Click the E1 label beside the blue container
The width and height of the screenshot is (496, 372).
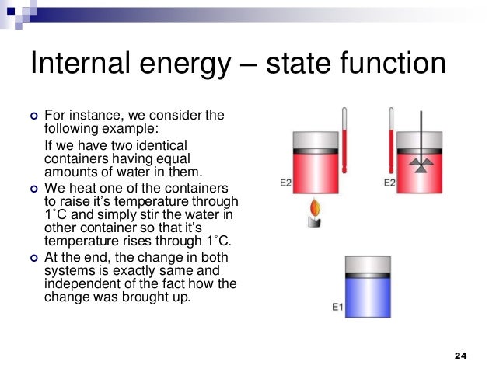337,307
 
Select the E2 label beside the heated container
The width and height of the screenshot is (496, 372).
285,183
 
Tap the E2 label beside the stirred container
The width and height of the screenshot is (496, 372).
390,183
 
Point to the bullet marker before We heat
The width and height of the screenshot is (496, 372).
33,189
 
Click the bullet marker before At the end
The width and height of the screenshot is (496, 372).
33,257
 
